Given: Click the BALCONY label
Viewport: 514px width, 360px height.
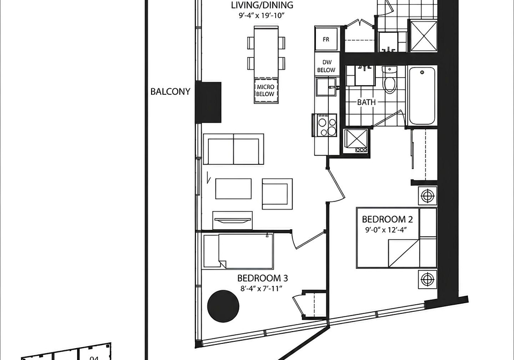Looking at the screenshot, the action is tap(170, 92).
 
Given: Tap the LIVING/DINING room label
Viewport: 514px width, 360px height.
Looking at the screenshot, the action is tap(262, 5).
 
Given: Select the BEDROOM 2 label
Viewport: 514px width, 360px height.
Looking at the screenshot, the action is tap(387, 219).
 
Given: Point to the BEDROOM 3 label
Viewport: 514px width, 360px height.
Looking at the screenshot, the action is tap(262, 278).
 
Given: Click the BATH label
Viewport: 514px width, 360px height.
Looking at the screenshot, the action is tap(366, 102).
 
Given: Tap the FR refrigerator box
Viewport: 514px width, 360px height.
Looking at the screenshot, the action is tap(326, 39).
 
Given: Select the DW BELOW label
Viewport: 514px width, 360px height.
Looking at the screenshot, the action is tap(326, 66).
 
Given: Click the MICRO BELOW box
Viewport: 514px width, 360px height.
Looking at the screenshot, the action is tap(265, 91).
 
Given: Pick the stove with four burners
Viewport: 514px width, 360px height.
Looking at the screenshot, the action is tap(324, 125).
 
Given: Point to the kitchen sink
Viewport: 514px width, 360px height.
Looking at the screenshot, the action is tap(326, 87).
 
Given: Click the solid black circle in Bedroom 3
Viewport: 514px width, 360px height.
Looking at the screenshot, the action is tap(223, 306).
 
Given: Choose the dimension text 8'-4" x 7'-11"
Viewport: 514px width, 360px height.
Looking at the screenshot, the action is tap(261, 289).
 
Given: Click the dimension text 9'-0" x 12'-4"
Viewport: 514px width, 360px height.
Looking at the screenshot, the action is tap(386, 229).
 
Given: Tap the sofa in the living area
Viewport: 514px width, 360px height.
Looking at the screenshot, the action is tap(233, 149).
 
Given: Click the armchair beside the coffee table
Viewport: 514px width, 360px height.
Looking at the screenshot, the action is tap(277, 194).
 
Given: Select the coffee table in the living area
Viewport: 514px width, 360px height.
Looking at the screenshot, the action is tap(233, 189).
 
